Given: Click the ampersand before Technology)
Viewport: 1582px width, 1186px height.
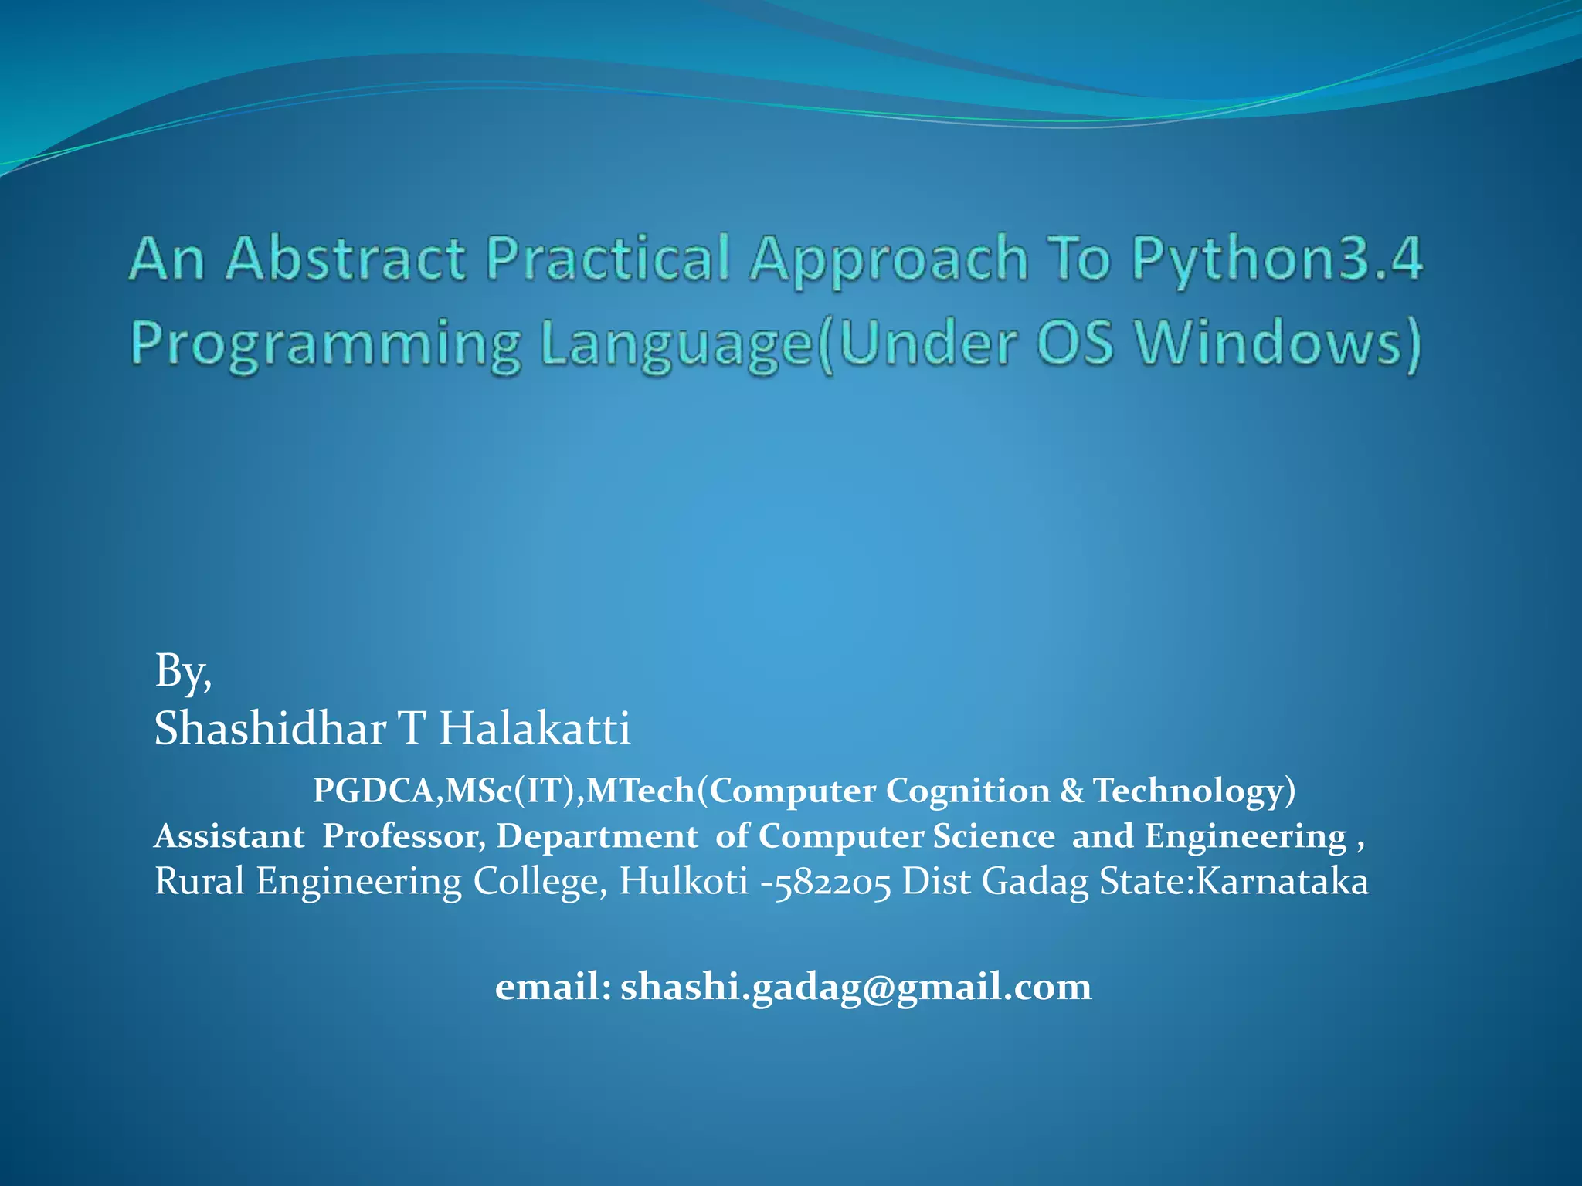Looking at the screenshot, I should pos(1071,791).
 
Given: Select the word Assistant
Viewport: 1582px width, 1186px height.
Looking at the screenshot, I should pos(229,836).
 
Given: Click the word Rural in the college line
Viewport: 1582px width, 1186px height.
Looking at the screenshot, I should pos(199,881).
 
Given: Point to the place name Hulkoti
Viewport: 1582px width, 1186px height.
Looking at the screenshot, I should pos(684,881).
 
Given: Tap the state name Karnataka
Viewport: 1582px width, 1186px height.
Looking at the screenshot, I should pos(1282,881).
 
